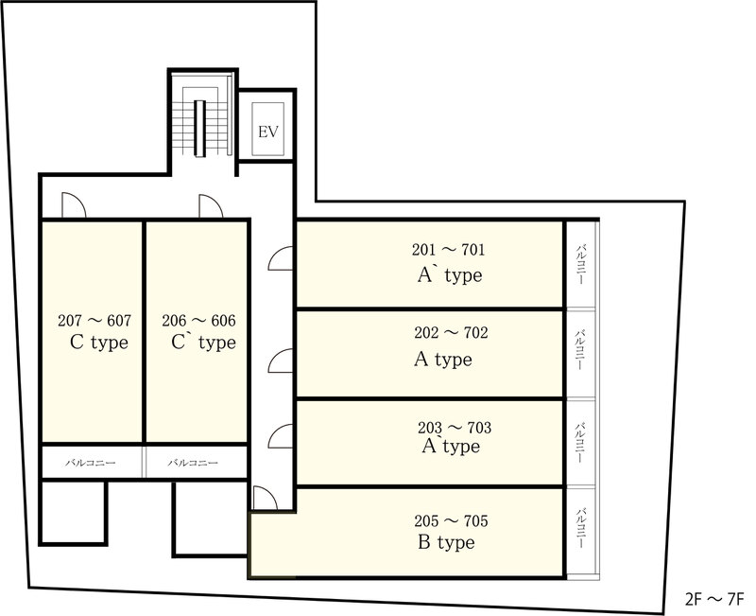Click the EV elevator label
[268, 132]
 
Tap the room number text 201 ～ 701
[448, 250]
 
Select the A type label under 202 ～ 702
[442, 360]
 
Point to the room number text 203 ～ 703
[455, 428]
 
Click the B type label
[446, 542]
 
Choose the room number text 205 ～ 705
[451, 520]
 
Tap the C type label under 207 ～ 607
[99, 343]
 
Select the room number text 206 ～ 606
[198, 321]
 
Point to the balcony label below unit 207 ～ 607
[91, 463]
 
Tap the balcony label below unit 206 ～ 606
[193, 463]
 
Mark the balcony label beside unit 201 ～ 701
[580, 264]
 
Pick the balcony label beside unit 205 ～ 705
[580, 528]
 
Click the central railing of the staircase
[199, 128]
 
